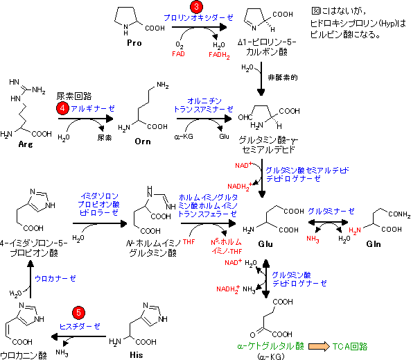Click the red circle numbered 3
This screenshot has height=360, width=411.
[196, 6]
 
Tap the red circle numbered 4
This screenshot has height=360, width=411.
[62, 108]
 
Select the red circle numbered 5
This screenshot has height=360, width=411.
[78, 313]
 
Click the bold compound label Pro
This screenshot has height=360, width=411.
[134, 43]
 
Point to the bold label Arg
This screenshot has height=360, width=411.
[26, 144]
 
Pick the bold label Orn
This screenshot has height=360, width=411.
[143, 142]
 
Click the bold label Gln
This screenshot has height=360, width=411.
[374, 244]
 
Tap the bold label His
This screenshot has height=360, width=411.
[137, 355]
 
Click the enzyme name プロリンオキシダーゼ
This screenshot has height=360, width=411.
[198, 18]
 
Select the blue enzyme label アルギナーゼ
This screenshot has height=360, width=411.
[93, 109]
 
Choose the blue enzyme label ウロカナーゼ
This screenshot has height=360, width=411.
[55, 279]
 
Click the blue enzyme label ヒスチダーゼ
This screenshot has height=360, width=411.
[80, 327]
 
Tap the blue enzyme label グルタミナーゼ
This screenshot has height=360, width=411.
[331, 212]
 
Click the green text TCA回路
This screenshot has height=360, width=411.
[350, 347]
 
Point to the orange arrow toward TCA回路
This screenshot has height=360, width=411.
[319, 346]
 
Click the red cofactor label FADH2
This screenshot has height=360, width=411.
[219, 55]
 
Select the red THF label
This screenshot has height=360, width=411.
[189, 241]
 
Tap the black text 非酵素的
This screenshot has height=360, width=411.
[283, 78]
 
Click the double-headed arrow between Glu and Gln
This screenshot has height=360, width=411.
[328, 222]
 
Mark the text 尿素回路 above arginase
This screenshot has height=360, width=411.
[74, 96]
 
